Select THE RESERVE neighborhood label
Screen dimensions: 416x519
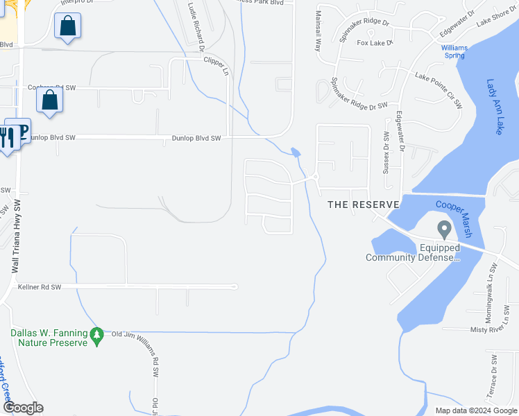(x=364, y=205)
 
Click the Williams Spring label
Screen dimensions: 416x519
(x=454, y=51)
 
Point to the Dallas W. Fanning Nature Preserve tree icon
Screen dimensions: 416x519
(x=97, y=335)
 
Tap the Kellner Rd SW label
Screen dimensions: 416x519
(x=40, y=287)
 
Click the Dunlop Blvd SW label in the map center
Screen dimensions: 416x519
(x=196, y=139)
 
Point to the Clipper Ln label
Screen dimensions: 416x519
(x=216, y=66)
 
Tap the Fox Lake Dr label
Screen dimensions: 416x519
(x=375, y=43)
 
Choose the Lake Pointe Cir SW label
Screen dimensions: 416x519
(x=439, y=90)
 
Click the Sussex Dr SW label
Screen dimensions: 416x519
(x=386, y=152)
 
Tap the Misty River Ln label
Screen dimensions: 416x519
(x=494, y=330)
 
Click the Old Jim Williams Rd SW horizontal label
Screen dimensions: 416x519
(x=137, y=335)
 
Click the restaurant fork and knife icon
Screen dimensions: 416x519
(x=6, y=137)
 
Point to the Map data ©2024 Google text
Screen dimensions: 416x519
(x=475, y=410)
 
